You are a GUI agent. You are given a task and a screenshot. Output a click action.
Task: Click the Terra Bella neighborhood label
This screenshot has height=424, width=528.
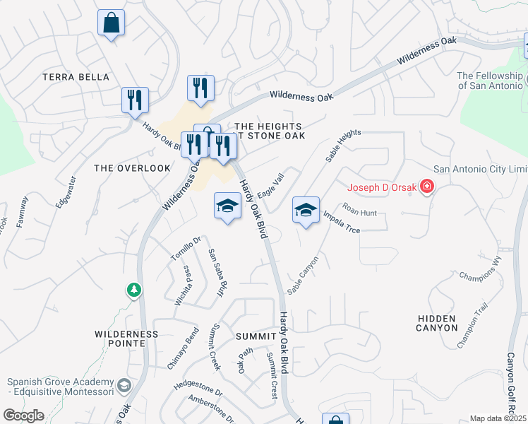click(76, 77)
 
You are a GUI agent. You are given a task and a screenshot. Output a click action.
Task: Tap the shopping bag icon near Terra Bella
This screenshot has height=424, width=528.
click(112, 23)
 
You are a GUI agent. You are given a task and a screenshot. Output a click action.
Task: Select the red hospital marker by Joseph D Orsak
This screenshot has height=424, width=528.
click(426, 188)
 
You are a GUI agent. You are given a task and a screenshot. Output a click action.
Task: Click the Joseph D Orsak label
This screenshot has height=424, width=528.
click(382, 188)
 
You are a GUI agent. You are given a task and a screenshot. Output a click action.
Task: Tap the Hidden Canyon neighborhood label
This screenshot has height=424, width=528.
click(436, 323)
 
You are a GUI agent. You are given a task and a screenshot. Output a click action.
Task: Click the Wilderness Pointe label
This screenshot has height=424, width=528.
click(127, 338)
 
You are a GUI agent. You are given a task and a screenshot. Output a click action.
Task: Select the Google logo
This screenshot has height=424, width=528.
click(23, 416)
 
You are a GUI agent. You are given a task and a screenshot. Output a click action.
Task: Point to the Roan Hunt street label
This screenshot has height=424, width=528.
click(360, 209)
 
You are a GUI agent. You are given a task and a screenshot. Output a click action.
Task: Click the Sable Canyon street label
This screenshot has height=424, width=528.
click(303, 275)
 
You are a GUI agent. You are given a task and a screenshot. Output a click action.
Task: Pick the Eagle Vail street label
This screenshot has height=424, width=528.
click(270, 187)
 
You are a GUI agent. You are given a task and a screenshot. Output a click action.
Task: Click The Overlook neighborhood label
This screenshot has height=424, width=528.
click(132, 168)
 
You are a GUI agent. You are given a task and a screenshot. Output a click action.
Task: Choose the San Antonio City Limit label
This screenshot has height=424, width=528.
click(480, 169)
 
